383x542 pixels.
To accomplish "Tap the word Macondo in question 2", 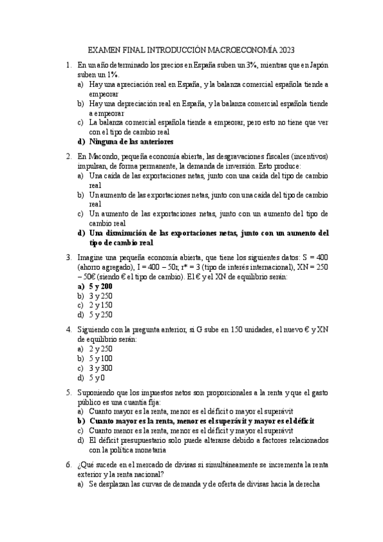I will pos(102,155).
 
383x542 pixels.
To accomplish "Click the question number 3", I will pos(68,257).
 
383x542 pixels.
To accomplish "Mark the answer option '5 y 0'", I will pos(97,378).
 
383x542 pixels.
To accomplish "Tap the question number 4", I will pos(68,330).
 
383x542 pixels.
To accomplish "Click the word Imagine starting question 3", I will pos(91,257).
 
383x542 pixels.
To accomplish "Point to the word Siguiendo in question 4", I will pos(95,330).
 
